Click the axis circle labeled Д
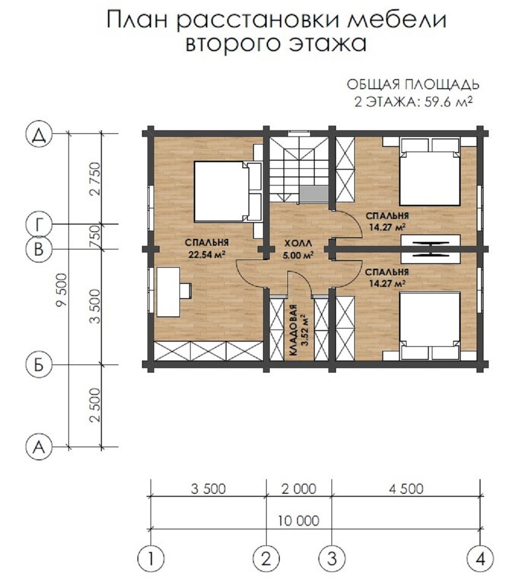coord(39,135)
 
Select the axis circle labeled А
coord(39,447)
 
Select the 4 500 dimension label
coord(406,489)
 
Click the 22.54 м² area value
coord(207,255)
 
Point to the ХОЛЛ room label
coord(299,243)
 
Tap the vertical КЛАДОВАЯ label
coord(294,331)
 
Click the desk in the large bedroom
coord(168,292)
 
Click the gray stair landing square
coord(314,194)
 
